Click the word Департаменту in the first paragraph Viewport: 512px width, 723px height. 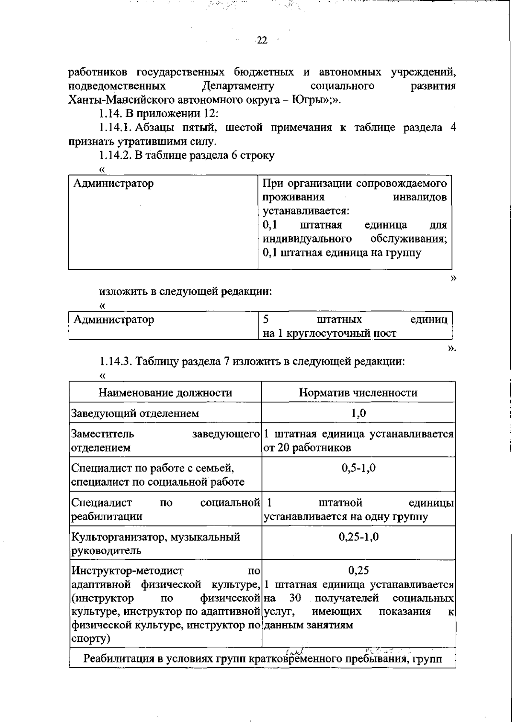point(239,86)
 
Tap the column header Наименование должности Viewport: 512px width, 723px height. point(165,393)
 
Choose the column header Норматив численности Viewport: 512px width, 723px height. point(358,393)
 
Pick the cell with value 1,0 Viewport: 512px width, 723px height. point(358,413)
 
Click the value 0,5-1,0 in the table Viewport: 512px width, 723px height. point(358,468)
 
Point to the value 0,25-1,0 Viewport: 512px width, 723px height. point(358,537)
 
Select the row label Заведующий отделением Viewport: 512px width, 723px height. point(135,413)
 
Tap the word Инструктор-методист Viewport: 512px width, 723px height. point(127,570)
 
